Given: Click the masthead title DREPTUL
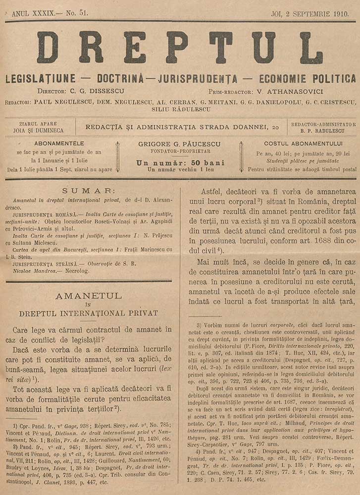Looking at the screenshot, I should pyautogui.click(x=179, y=49).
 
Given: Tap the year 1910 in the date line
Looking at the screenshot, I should pyautogui.click(x=344, y=13).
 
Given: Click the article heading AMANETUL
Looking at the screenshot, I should pyautogui.click(x=89, y=296).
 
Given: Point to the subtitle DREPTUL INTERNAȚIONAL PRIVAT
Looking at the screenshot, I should pyautogui.click(x=88, y=313).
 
